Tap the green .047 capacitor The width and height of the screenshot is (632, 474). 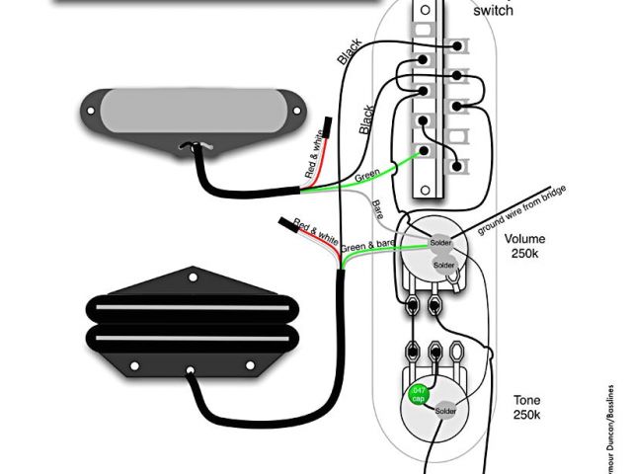(x=421, y=394)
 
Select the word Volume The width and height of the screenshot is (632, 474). (x=524, y=239)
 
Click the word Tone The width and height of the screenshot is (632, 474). (x=526, y=400)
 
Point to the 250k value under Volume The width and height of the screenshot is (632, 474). (x=524, y=255)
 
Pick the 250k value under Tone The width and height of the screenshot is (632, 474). (x=526, y=416)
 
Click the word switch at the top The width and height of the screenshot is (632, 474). (x=493, y=11)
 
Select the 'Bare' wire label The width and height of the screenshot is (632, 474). (x=378, y=208)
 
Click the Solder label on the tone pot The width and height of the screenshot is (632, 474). (x=444, y=410)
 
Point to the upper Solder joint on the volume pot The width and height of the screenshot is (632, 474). (x=441, y=243)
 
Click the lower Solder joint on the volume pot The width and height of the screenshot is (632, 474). (x=442, y=266)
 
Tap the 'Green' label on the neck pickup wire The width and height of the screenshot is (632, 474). (x=367, y=176)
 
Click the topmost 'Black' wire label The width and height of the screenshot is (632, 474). (x=351, y=52)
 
